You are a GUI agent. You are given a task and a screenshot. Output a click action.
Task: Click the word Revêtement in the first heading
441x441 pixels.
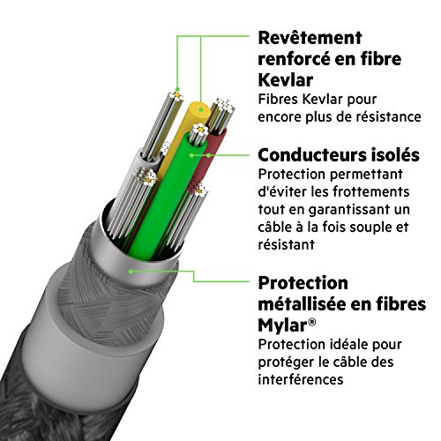click(x=310, y=38)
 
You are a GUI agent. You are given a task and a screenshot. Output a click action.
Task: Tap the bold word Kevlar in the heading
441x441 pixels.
click(x=285, y=80)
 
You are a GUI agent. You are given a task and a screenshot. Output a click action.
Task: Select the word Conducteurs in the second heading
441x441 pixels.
click(x=306, y=155)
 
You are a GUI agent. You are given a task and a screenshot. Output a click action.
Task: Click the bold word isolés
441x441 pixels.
click(x=389, y=155)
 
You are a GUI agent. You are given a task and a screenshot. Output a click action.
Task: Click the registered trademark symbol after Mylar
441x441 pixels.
click(x=312, y=322)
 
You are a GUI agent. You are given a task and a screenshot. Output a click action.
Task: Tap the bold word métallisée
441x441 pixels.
click(x=302, y=304)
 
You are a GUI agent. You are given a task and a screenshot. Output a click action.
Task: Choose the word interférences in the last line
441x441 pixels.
click(x=301, y=379)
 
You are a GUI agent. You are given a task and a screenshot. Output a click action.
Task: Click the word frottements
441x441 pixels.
click(x=371, y=191)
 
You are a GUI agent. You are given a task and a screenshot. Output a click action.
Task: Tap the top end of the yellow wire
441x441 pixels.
click(x=200, y=108)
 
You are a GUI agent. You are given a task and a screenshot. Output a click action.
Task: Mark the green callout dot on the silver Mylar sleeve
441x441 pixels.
click(x=131, y=271)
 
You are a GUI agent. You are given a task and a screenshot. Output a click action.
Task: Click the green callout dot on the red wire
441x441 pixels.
click(x=208, y=155)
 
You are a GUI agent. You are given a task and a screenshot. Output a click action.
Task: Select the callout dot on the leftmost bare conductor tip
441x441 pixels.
click(x=177, y=89)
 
